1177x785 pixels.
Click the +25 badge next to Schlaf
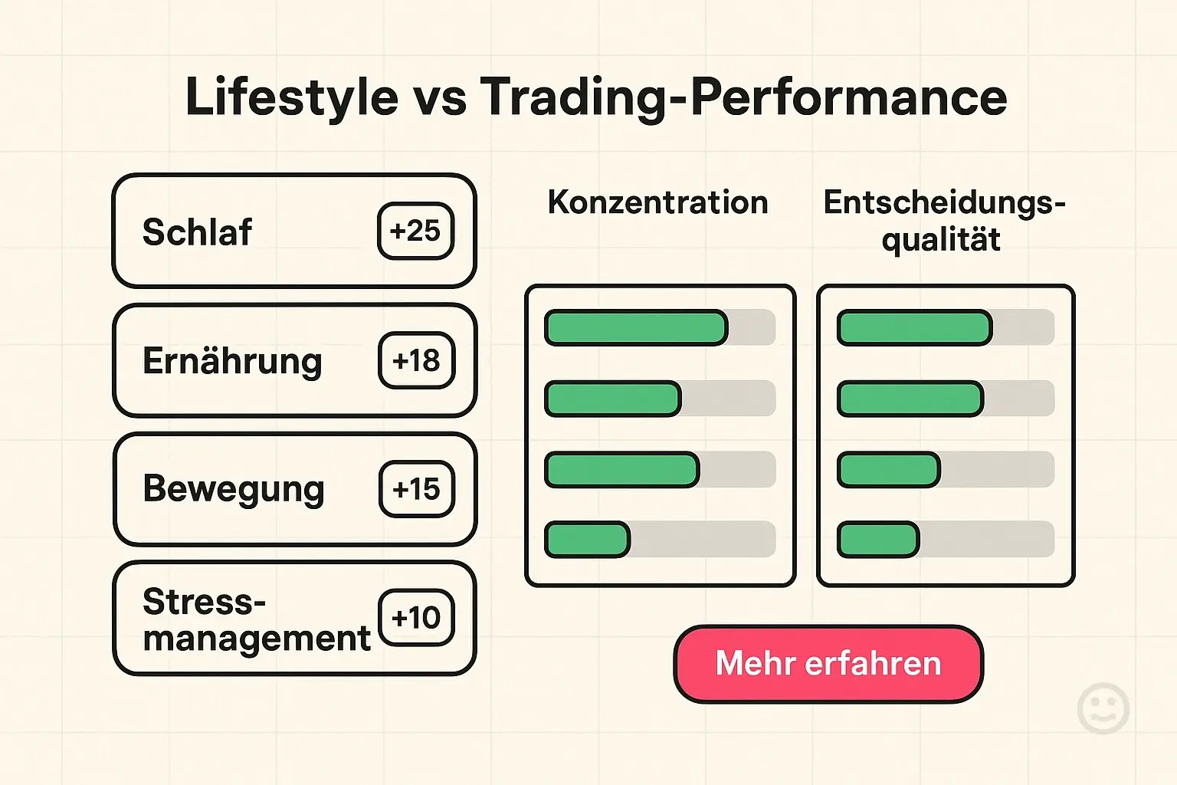[x=415, y=231]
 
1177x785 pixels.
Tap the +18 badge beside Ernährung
[x=416, y=360]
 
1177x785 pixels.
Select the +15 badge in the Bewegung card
[x=416, y=489]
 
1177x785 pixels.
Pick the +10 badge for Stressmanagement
[x=416, y=618]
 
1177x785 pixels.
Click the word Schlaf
[x=197, y=232]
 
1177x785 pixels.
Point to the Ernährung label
[x=232, y=361]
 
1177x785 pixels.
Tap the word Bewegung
[x=233, y=490]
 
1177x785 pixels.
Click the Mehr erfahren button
[x=828, y=664]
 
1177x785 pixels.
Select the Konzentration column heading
[x=657, y=202]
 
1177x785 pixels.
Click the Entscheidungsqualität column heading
[x=943, y=221]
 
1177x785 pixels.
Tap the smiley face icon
[x=1103, y=708]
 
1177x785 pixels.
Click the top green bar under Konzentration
[x=635, y=328]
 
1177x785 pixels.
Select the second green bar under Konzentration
[x=612, y=399]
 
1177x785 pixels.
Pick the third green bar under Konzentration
[x=621, y=470]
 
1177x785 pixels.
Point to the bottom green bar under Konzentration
[x=587, y=540]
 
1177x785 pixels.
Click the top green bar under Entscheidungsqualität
[x=914, y=328]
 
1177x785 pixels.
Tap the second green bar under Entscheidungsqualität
[x=910, y=399]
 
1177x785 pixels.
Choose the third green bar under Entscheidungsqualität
[x=888, y=470]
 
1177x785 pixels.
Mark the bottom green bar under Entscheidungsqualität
[x=877, y=540]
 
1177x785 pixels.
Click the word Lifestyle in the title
[x=292, y=97]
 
